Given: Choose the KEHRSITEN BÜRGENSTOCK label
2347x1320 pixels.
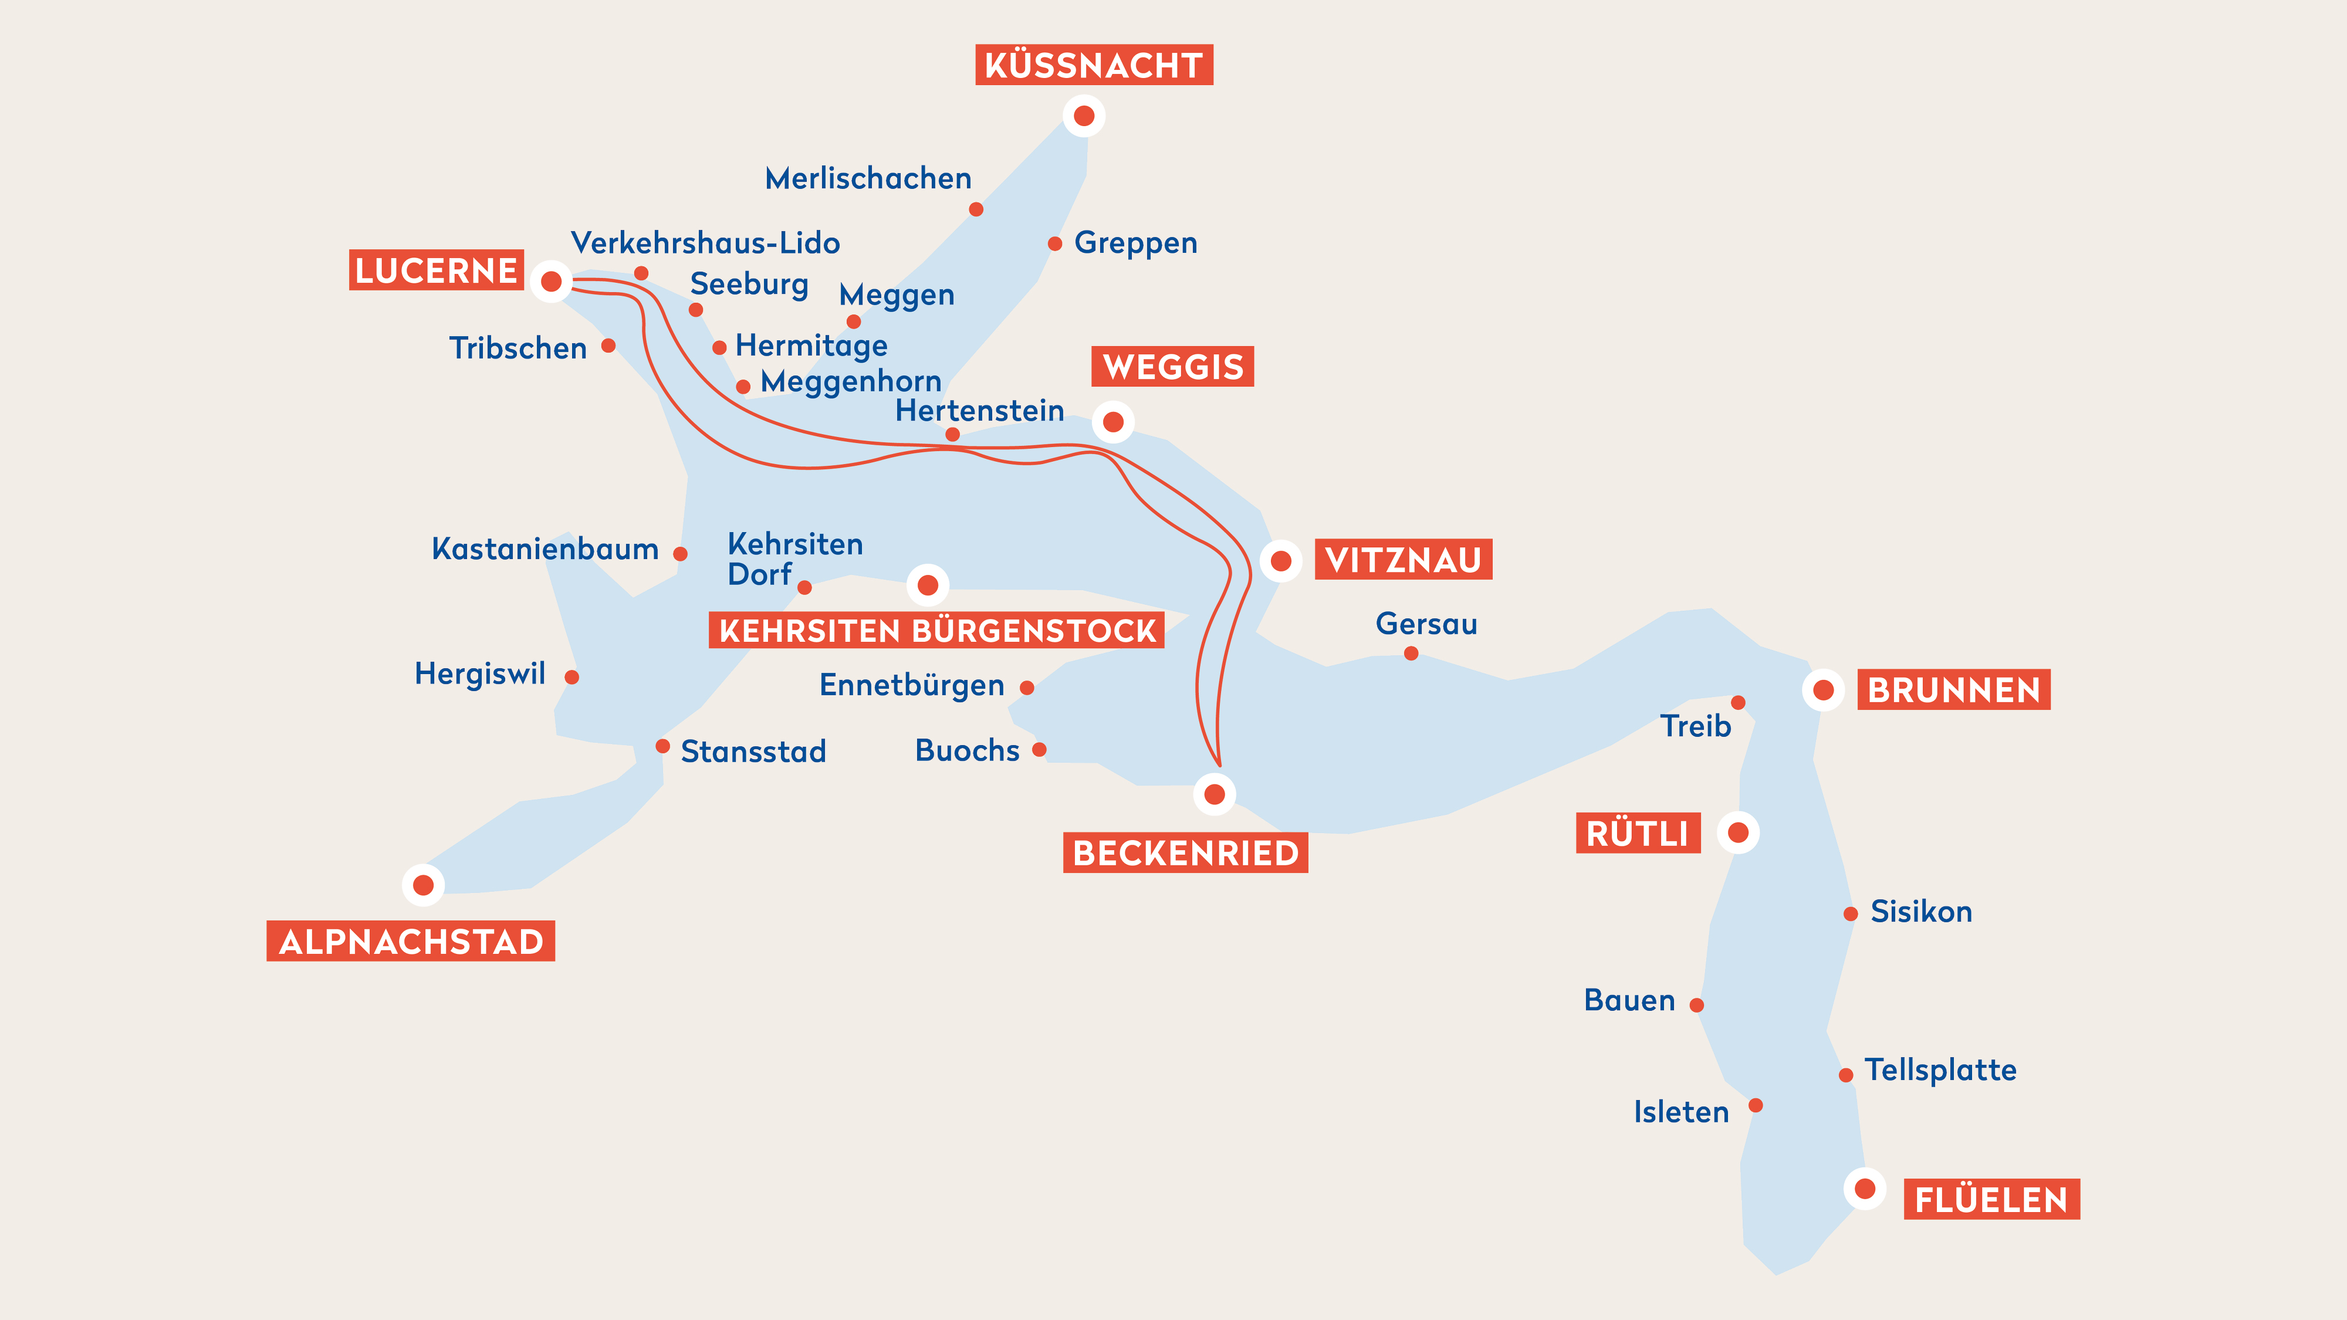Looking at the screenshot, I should click(x=936, y=631).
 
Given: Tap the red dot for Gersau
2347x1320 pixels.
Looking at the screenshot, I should click(x=1411, y=653).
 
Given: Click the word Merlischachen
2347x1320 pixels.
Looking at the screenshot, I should click(x=867, y=178).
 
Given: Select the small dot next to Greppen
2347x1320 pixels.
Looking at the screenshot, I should click(x=1054, y=243).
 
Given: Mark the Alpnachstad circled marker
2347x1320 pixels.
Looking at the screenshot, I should click(x=422, y=885).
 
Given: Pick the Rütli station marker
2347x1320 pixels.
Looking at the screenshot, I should click(x=1737, y=832).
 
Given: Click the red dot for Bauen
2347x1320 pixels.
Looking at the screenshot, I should click(x=1696, y=1005).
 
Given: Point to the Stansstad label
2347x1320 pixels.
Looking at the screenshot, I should click(x=753, y=752).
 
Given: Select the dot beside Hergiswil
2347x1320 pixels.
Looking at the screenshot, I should click(x=571, y=677).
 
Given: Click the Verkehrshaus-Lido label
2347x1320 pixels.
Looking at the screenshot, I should click(x=705, y=243).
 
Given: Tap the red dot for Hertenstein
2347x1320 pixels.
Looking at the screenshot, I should click(x=952, y=435).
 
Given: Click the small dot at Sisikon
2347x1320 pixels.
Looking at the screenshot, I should click(x=1849, y=913).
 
